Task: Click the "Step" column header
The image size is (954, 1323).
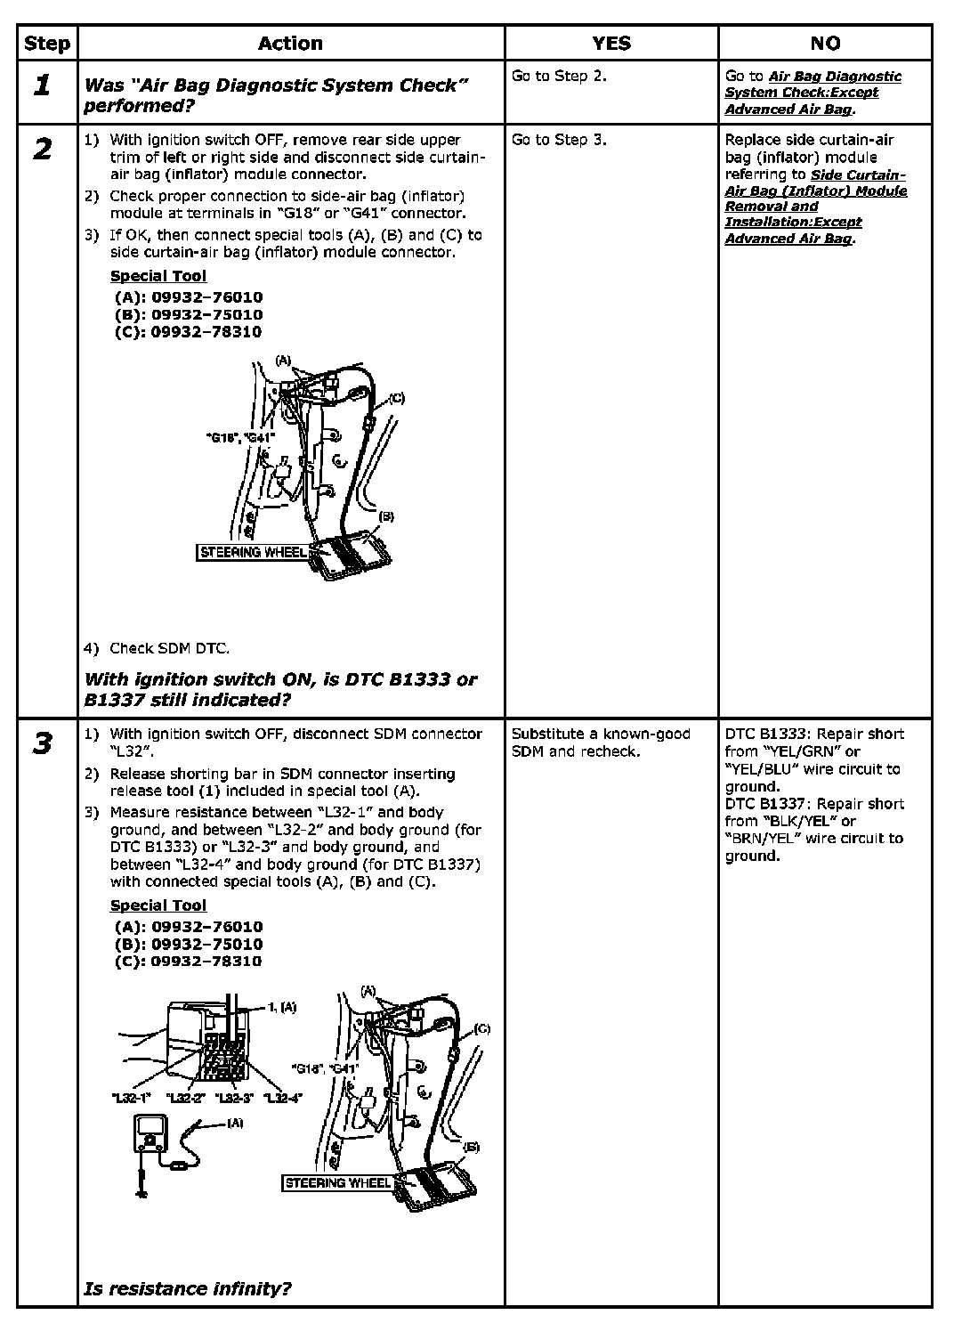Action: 47,43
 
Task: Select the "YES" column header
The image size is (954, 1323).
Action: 610,43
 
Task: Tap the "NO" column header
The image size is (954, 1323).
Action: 825,43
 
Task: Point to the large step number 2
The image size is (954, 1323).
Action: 42,149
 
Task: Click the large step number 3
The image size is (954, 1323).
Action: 42,743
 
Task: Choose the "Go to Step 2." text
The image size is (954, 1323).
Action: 559,76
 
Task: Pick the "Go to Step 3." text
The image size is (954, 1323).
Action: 559,139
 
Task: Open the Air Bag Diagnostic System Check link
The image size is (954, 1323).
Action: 813,93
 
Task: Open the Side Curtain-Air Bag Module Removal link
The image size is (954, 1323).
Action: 815,207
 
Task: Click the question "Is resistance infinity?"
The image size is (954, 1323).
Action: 188,1287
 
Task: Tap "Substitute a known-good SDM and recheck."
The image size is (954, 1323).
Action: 601,743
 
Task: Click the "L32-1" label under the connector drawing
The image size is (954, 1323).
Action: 132,1098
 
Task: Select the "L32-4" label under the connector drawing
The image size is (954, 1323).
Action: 282,1098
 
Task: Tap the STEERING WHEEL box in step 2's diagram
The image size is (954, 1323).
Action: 253,552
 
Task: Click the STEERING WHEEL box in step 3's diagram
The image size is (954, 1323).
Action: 337,1182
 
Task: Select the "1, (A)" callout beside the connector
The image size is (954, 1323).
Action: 282,1007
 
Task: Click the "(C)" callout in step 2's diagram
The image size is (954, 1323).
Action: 396,398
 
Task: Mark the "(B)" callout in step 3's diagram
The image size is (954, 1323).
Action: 471,1147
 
